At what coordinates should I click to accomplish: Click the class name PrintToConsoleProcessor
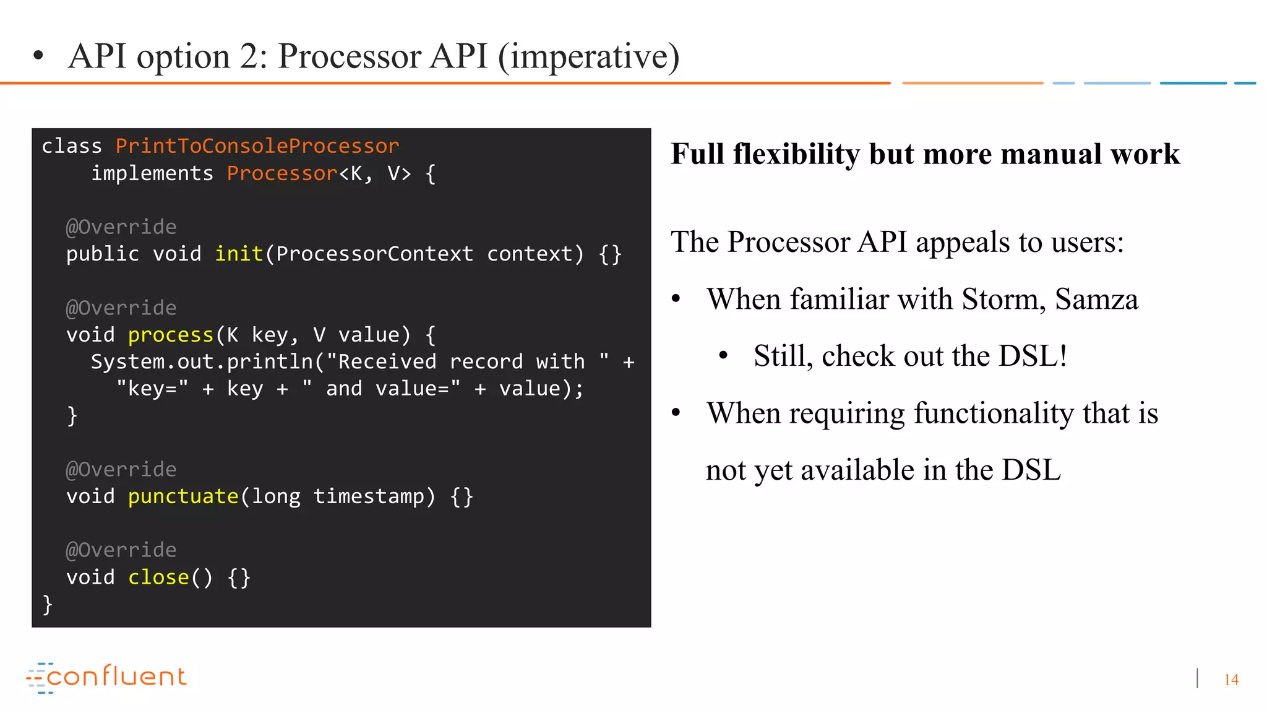257,146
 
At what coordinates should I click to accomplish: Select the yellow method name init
238,254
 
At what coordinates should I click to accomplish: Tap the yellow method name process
170,335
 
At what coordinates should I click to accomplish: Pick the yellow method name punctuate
183,496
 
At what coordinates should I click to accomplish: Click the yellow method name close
158,577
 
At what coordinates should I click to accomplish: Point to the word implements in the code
152,173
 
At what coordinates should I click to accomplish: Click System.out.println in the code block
202,362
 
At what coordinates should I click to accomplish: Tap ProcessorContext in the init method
374,254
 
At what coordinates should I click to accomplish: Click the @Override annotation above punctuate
121,469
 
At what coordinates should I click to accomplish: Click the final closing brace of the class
47,604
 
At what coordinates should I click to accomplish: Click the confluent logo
106,677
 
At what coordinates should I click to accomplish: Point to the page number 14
1230,680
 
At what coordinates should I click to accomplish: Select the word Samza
1096,300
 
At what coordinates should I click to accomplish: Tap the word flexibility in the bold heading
796,154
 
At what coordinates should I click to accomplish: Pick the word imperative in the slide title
590,57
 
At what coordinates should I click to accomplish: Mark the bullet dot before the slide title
38,56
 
